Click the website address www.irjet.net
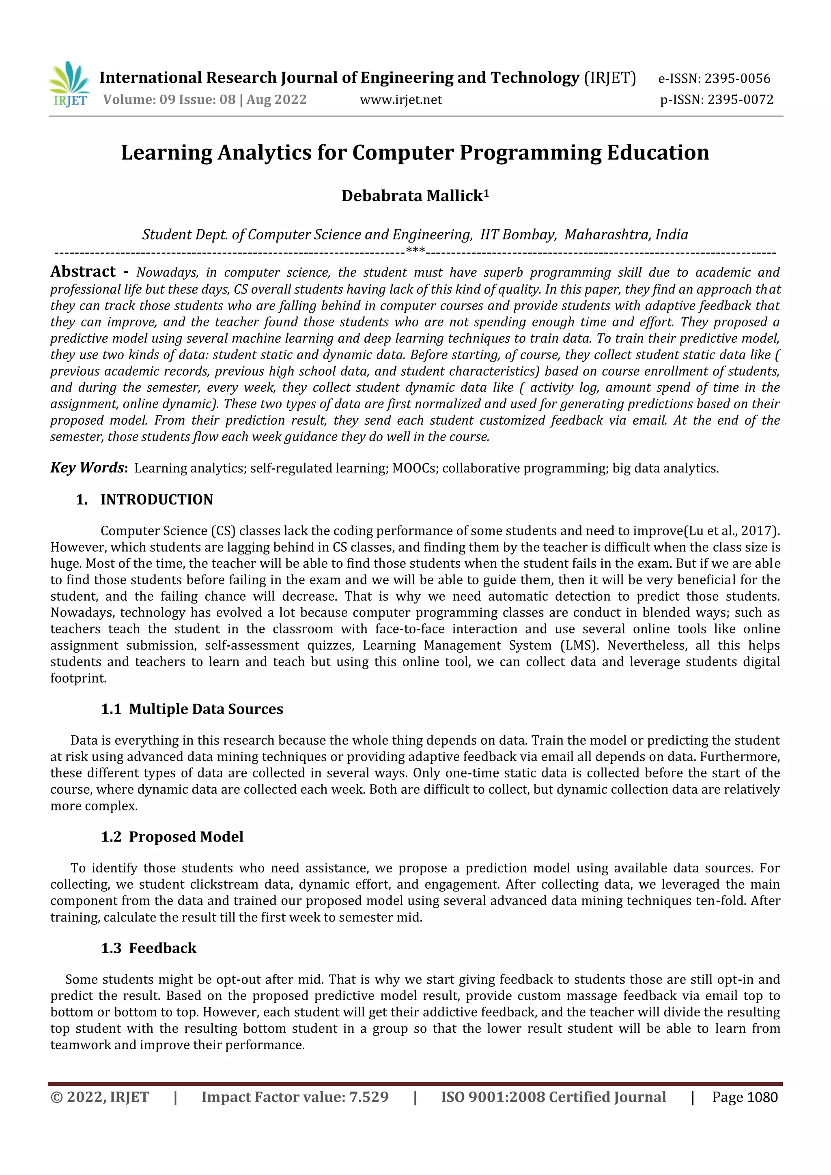(x=400, y=100)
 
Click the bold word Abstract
(x=83, y=272)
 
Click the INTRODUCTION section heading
(x=156, y=500)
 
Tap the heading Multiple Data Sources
(x=205, y=709)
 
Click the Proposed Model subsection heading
(x=185, y=837)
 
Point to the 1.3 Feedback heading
(x=149, y=948)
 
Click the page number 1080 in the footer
(x=762, y=1097)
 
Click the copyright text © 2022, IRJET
(x=99, y=1097)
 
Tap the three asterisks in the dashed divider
(x=415, y=251)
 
